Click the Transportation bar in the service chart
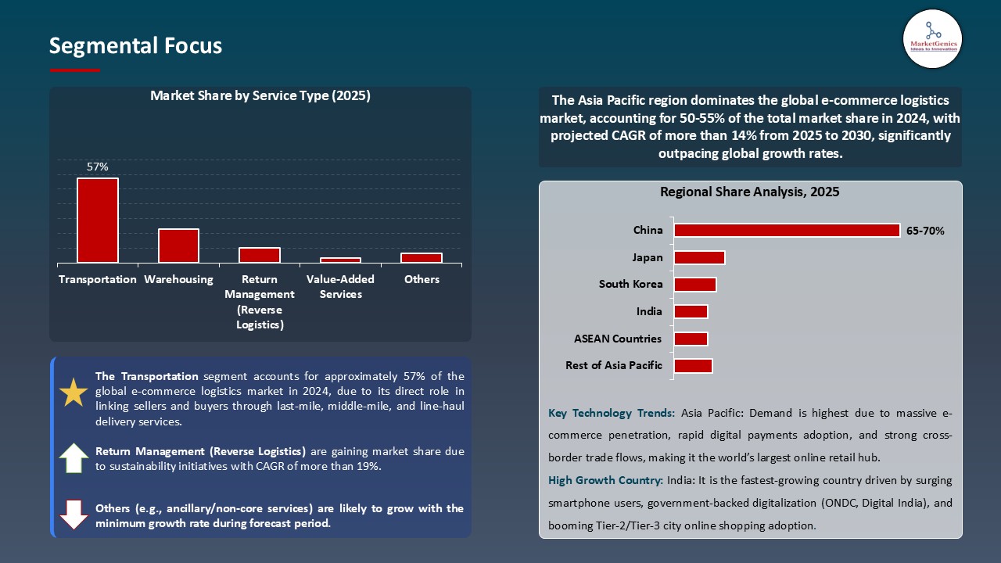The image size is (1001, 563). (x=98, y=221)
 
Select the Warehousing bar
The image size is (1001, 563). (x=178, y=246)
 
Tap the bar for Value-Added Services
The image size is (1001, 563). (x=340, y=260)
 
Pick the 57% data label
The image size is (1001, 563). (x=98, y=167)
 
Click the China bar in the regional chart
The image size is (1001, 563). (x=786, y=231)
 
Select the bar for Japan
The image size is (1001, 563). (x=699, y=257)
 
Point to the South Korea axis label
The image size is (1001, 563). (x=630, y=285)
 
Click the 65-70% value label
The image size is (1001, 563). (x=925, y=231)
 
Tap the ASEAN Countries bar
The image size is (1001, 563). (x=691, y=339)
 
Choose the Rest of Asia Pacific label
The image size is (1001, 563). (x=613, y=365)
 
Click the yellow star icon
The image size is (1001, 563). (x=74, y=393)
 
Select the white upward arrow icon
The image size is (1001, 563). (x=74, y=458)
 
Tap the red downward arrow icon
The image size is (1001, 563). (x=74, y=515)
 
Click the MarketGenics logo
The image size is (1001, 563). (x=932, y=38)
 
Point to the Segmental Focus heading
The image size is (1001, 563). (x=135, y=46)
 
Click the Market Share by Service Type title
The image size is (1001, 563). (x=260, y=96)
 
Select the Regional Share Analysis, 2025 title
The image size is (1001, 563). (x=749, y=192)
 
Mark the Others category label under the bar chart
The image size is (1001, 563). (x=422, y=279)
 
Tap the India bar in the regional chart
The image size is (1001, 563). (x=691, y=311)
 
